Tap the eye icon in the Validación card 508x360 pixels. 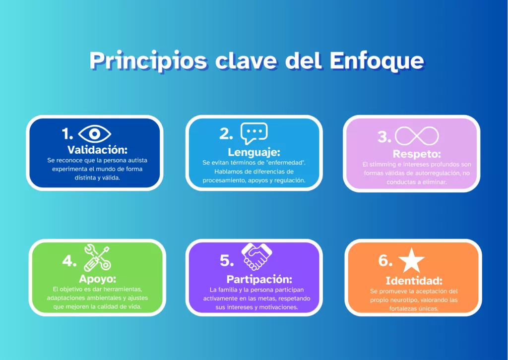coord(94,134)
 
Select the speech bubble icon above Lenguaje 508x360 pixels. coord(254,133)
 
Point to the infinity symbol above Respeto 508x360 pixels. coord(417,136)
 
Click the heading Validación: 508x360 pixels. coord(98,150)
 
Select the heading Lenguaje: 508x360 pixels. coord(254,152)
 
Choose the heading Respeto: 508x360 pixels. coord(417,154)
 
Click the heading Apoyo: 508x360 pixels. coord(97,278)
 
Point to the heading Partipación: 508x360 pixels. coord(259,279)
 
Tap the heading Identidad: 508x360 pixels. coord(414,280)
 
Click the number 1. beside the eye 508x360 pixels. coord(67,134)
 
